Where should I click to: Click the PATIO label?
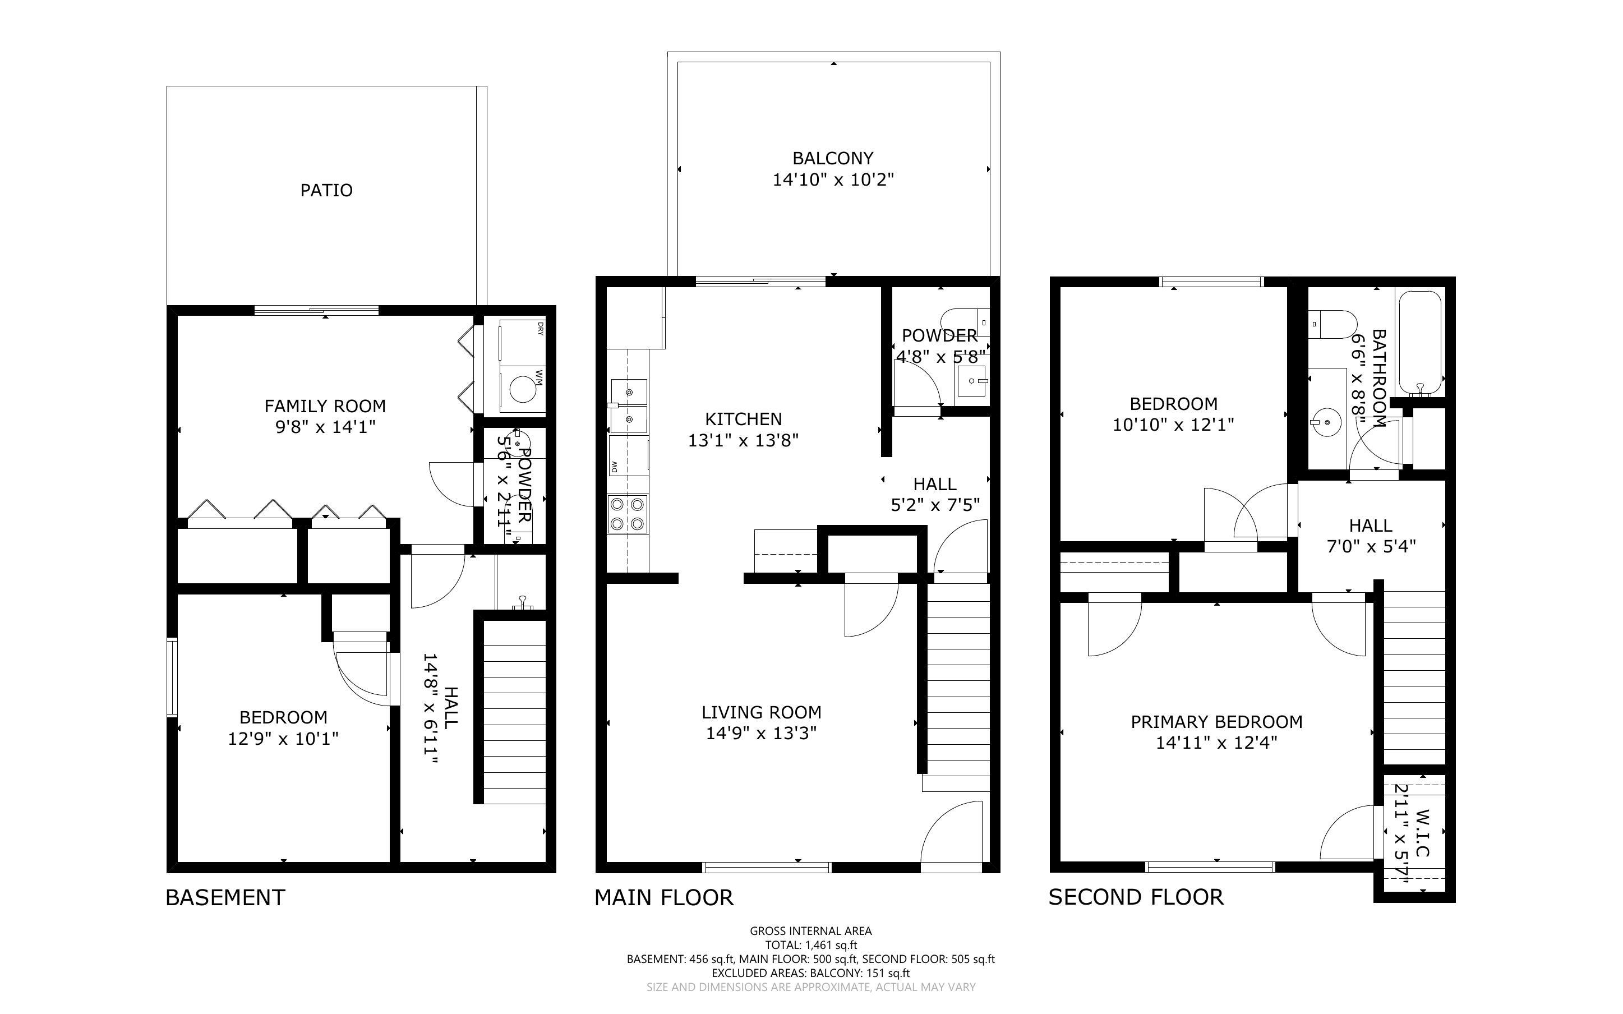click(x=326, y=191)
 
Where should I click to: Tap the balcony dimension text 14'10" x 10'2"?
click(x=833, y=179)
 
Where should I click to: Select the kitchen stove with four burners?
click(x=628, y=514)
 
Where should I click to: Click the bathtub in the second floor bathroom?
click(x=1419, y=343)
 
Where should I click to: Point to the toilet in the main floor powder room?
click(x=964, y=322)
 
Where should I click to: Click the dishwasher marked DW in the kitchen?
click(x=629, y=456)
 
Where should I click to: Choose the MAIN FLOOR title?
click(x=663, y=897)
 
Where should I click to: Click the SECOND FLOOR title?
click(x=1136, y=897)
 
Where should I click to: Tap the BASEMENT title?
click(x=225, y=897)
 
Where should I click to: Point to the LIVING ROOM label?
click(x=761, y=712)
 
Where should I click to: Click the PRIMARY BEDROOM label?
click(x=1216, y=722)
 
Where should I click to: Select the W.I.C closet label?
click(x=1423, y=833)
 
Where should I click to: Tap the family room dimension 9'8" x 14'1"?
click(x=325, y=427)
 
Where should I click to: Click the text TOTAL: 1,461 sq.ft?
click(x=810, y=945)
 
